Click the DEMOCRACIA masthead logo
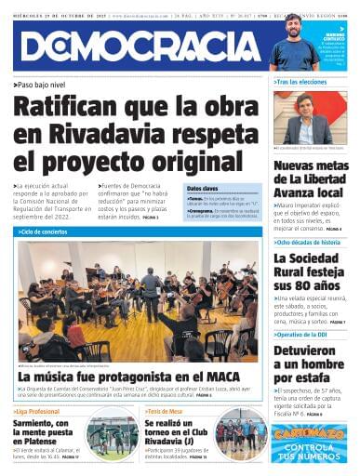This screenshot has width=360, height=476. pos(140,46)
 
